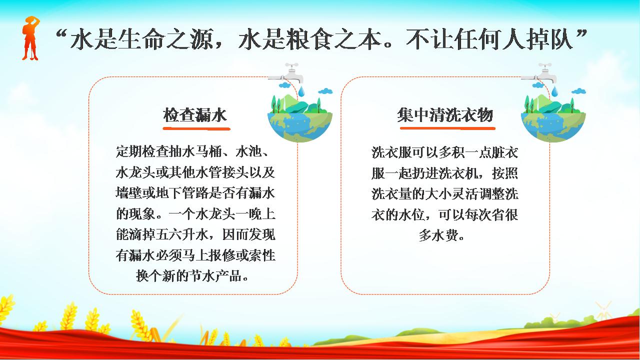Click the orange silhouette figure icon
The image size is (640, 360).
30,38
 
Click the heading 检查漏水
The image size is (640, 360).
195,115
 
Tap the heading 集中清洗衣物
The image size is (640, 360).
445,115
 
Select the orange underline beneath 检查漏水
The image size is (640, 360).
196,129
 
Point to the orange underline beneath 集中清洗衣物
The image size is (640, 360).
447,128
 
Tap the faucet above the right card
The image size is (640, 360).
539,73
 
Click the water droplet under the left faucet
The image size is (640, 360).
301,91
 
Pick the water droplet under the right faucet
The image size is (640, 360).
554,91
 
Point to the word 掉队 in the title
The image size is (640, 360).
550,39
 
